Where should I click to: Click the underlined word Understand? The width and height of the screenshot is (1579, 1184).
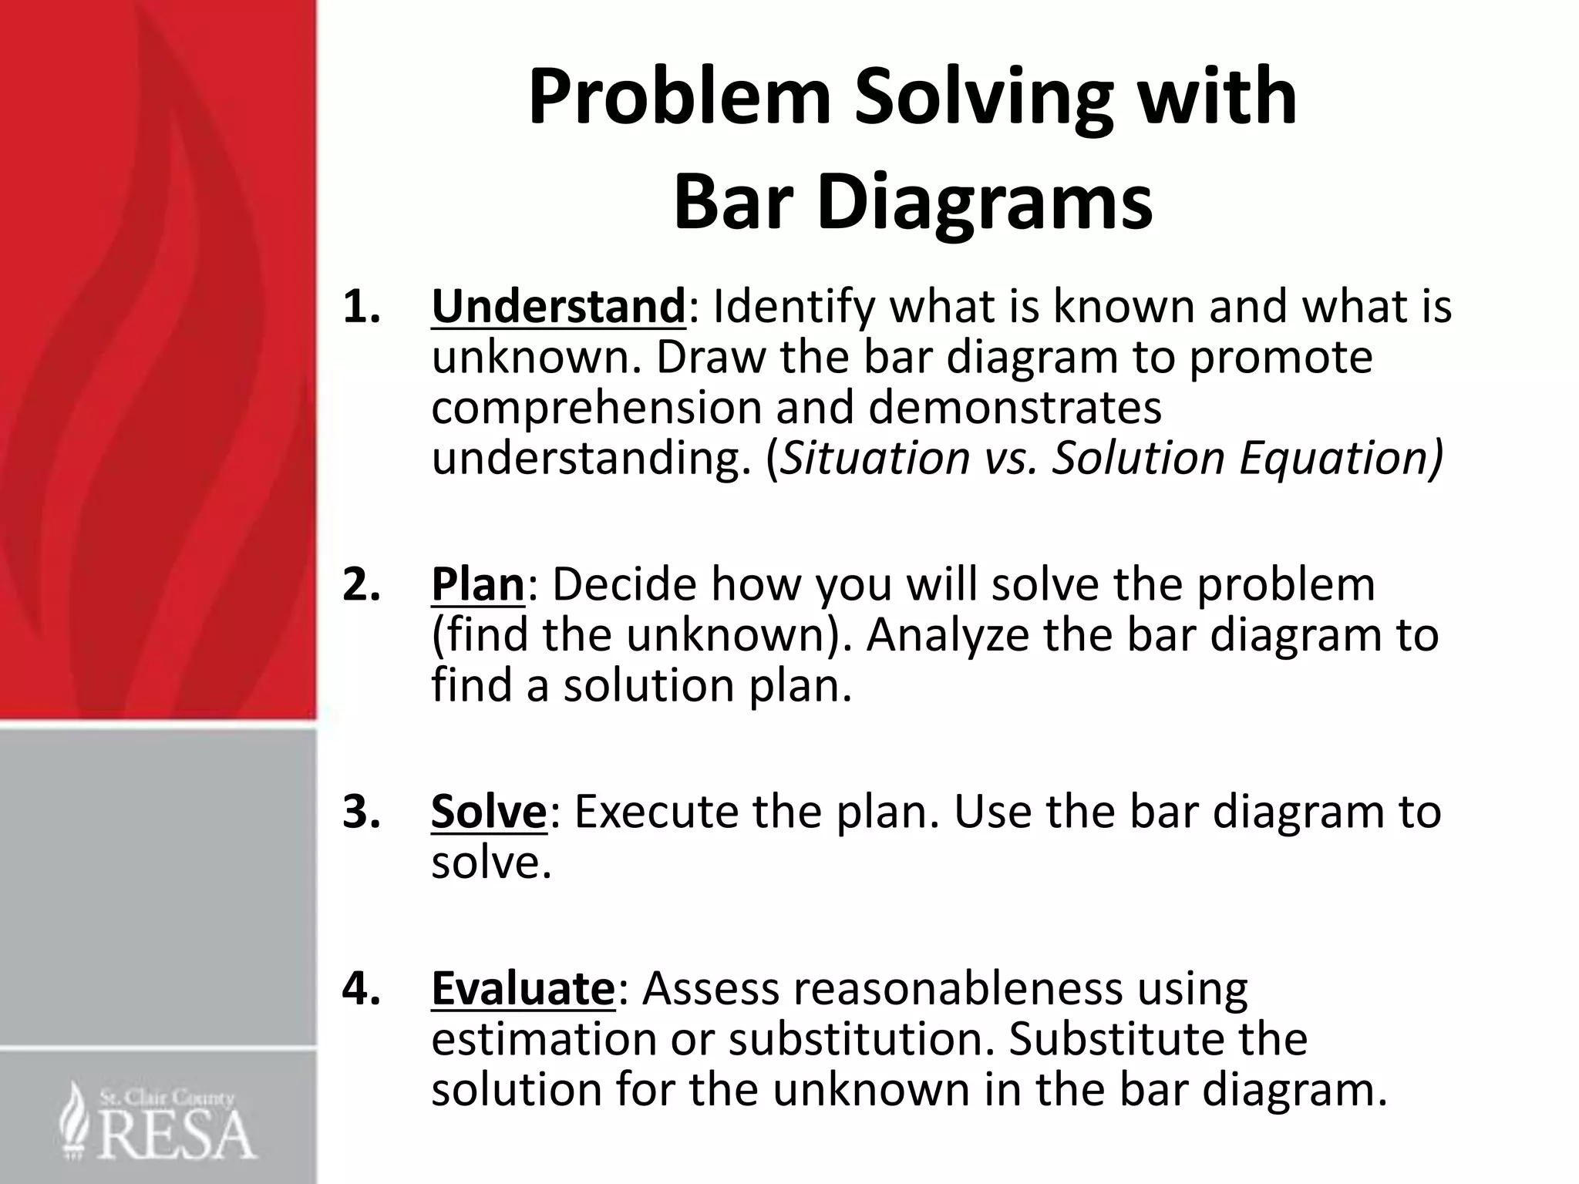pyautogui.click(x=558, y=306)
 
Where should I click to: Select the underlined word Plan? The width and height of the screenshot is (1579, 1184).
pyautogui.click(x=478, y=584)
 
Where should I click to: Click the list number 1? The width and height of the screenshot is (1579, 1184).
pyautogui.click(x=362, y=307)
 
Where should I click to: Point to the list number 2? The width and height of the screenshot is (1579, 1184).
pyautogui.click(x=362, y=584)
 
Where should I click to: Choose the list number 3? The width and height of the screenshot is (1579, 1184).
pyautogui.click(x=362, y=812)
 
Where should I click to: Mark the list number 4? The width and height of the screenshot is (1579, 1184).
pyautogui.click(x=362, y=989)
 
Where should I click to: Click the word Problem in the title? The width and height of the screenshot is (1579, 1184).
pyautogui.click(x=679, y=98)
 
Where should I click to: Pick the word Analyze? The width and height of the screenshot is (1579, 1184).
pyautogui.click(x=948, y=634)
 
